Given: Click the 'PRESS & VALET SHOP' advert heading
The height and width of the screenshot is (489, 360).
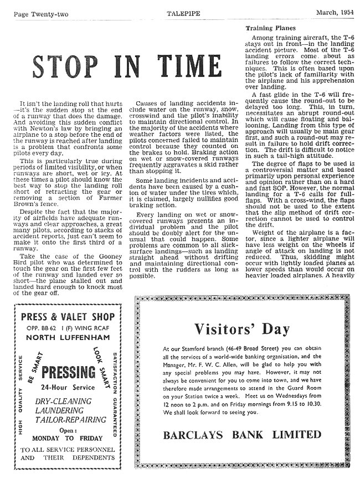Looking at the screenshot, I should click(x=68, y=317).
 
